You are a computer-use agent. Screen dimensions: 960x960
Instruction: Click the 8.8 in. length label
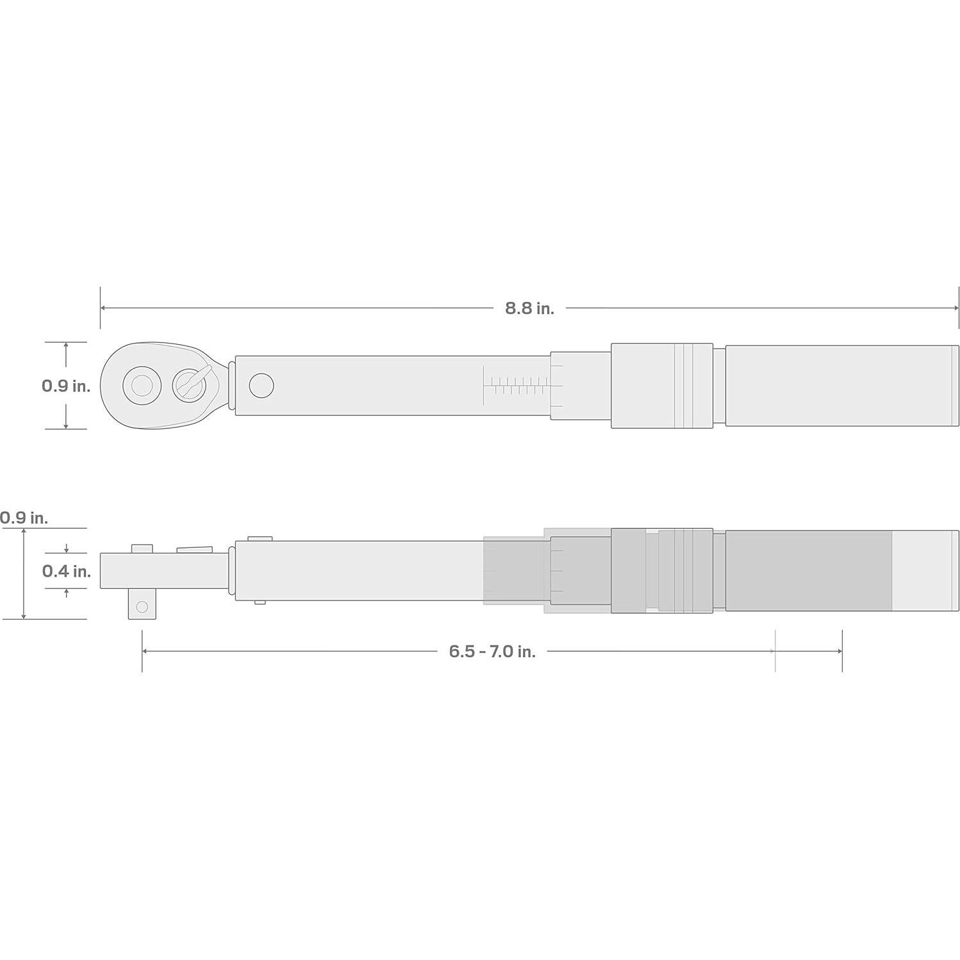529,308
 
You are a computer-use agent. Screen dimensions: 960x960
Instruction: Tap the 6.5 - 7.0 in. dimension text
492,652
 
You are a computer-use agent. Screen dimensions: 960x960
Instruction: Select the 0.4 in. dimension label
67,571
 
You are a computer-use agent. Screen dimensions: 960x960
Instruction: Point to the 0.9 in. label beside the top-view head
66,386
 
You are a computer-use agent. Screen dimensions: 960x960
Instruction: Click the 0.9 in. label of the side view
24,518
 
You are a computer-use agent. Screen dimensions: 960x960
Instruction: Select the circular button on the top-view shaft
261,386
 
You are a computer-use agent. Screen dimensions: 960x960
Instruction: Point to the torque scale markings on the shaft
516,386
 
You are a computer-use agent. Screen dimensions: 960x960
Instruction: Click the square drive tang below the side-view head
142,606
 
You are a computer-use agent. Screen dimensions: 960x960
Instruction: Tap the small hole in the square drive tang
142,606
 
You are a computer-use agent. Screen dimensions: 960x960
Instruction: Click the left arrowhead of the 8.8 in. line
103,308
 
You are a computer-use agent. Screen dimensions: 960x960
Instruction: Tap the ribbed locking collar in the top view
661,386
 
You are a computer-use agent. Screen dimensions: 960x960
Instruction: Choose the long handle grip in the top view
840,386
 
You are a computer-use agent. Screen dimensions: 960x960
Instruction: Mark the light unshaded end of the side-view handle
925,570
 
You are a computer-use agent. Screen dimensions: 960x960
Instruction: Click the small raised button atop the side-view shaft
260,539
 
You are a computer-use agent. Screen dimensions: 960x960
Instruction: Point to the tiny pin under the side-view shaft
260,602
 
